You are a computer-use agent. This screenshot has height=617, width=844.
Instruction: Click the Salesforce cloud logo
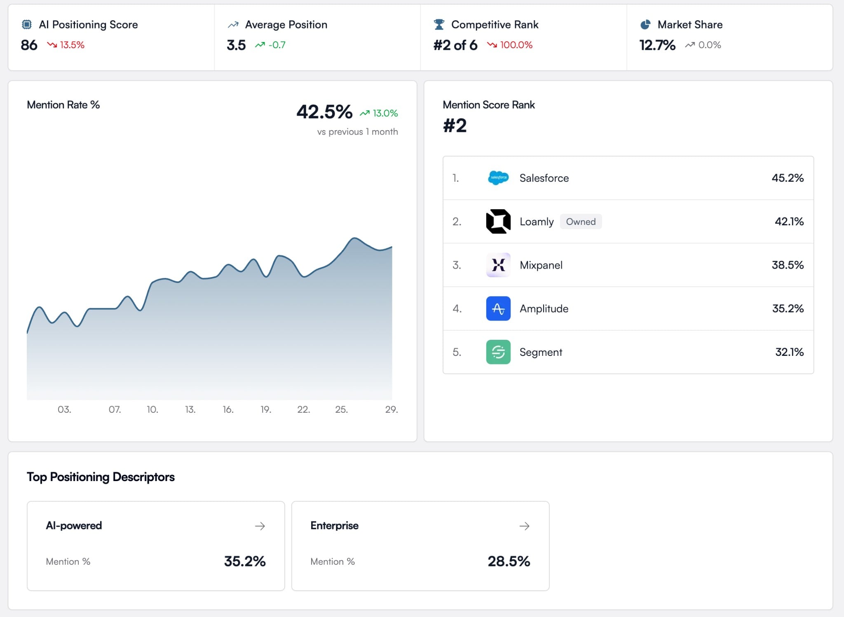(498, 178)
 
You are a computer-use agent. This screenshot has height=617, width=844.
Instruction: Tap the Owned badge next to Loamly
(580, 222)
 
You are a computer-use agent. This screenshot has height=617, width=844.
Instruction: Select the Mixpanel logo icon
(498, 265)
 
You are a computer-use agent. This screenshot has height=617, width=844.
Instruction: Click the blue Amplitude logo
(498, 308)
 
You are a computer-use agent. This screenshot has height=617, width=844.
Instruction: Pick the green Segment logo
(498, 352)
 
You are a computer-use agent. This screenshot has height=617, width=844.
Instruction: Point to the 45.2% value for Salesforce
(787, 178)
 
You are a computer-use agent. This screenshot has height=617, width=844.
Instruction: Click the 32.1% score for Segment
(789, 352)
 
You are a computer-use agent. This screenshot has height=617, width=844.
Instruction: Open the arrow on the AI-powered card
(260, 526)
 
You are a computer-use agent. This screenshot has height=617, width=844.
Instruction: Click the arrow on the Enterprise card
(524, 526)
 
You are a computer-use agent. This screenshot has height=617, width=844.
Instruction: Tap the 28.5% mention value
(509, 561)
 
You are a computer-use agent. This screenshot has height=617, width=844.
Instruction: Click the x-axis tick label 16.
(228, 409)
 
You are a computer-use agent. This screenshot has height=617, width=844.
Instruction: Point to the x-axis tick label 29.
(391, 409)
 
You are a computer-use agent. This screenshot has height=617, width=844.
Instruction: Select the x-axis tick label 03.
(64, 409)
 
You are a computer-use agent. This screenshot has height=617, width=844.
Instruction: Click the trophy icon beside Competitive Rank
(439, 25)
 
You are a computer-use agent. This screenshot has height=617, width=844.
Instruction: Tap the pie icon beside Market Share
(645, 25)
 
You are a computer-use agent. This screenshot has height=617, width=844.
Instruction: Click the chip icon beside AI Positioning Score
(26, 25)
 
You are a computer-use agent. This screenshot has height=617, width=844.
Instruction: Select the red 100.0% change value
(516, 45)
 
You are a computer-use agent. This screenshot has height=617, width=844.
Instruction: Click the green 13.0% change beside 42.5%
(384, 113)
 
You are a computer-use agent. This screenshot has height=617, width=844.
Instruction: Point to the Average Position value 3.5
(236, 45)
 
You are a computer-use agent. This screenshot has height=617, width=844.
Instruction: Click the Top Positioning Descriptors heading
(101, 477)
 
